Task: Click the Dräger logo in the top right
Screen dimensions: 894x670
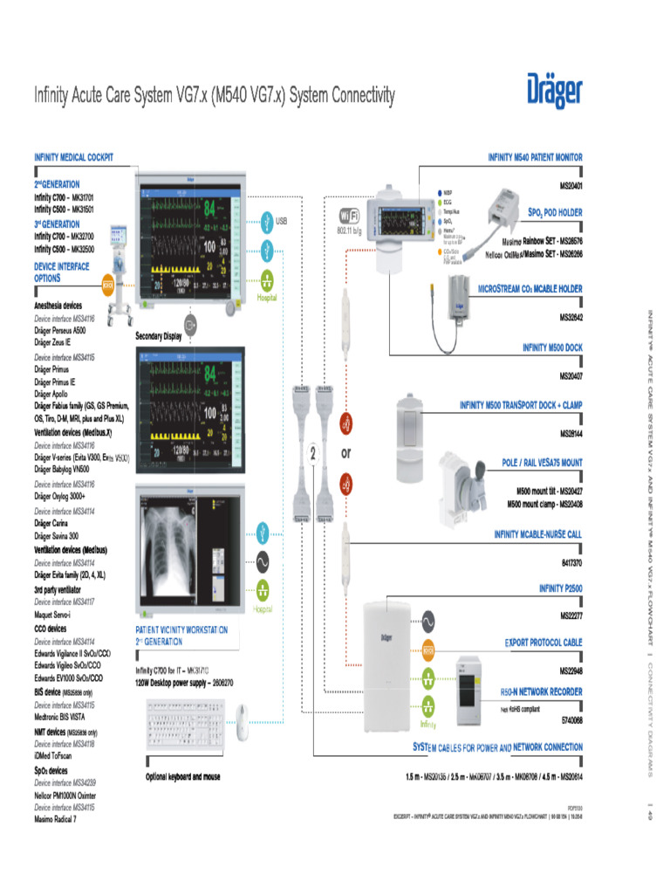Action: [x=554, y=92]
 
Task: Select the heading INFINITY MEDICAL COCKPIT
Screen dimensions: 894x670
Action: [x=73, y=158]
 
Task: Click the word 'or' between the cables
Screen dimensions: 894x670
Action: [x=346, y=454]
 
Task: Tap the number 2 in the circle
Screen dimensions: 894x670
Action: [x=312, y=454]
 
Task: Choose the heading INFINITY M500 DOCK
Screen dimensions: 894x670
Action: [x=552, y=347]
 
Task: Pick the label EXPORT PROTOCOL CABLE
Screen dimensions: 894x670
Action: [x=544, y=643]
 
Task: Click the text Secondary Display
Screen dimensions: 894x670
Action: [x=158, y=336]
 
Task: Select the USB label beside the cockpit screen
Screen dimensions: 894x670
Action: [x=281, y=222]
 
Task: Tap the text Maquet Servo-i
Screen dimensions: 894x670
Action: [x=59, y=615]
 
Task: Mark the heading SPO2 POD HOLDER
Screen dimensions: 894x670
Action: [x=554, y=212]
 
